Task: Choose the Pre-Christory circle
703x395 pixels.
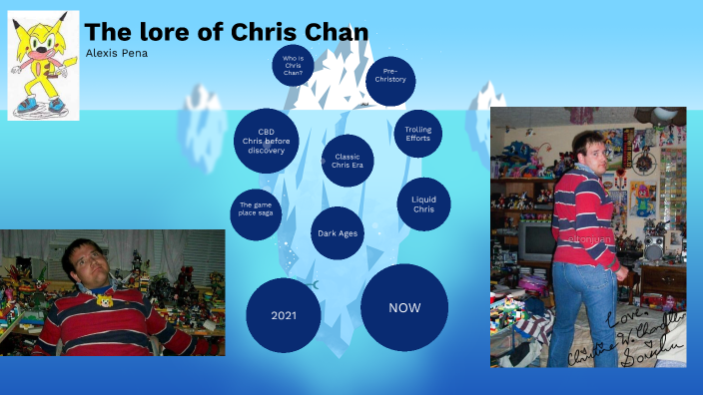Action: (389, 81)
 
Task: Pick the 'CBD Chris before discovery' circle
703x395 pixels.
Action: (267, 141)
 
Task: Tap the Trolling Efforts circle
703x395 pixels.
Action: (417, 134)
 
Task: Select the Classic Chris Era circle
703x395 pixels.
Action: (348, 161)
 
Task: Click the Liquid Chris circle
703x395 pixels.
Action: (423, 203)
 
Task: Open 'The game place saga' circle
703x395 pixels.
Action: (256, 211)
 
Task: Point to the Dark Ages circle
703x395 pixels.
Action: (337, 233)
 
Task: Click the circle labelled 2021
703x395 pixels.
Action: (284, 315)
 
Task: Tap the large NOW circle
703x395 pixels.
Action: (404, 307)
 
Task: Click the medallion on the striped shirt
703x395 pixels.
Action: (104, 300)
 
